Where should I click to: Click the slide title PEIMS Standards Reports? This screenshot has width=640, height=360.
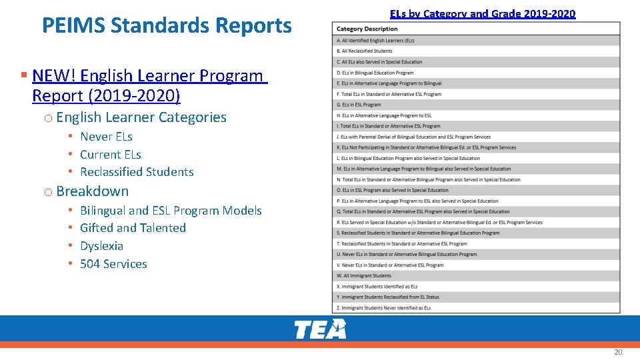pyautogui.click(x=167, y=25)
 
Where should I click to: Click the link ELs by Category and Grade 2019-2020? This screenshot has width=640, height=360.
pyautogui.click(x=483, y=13)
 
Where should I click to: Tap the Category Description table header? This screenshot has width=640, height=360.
pyautogui.click(x=367, y=29)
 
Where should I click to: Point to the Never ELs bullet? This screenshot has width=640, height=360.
pyautogui.click(x=106, y=137)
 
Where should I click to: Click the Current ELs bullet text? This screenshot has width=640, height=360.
pyautogui.click(x=111, y=154)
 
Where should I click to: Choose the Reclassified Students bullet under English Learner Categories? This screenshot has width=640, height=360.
pyautogui.click(x=137, y=172)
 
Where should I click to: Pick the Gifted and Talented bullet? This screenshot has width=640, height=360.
pyautogui.click(x=133, y=228)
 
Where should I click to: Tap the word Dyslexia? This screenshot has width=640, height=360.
pyautogui.click(x=101, y=246)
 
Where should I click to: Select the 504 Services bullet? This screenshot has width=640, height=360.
pyautogui.click(x=113, y=264)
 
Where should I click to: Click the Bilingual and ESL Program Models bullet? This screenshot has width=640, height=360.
pyautogui.click(x=171, y=211)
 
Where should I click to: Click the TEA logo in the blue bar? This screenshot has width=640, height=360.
pyautogui.click(x=321, y=329)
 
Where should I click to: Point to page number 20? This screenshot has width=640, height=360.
pyautogui.click(x=618, y=352)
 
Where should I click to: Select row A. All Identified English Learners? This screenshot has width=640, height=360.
pyautogui.click(x=375, y=41)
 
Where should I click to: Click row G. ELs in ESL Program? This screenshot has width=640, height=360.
pyautogui.click(x=359, y=105)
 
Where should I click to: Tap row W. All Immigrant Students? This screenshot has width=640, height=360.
pyautogui.click(x=364, y=275)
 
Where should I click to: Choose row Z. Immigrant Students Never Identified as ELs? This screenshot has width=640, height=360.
pyautogui.click(x=383, y=308)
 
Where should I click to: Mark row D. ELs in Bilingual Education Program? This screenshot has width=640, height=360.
pyautogui.click(x=375, y=73)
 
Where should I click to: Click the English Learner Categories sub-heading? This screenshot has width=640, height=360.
pyautogui.click(x=141, y=117)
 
